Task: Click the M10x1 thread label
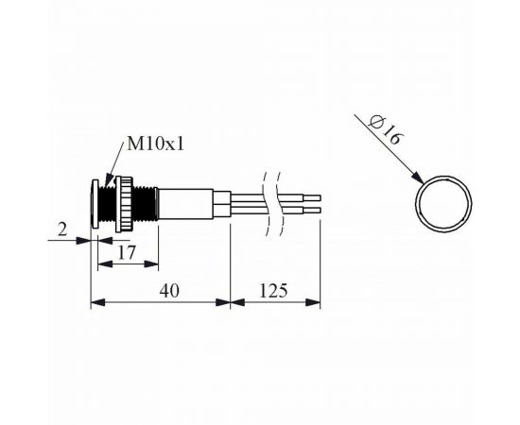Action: point(155,144)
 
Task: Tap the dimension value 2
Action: point(62,229)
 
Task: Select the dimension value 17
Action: point(128,253)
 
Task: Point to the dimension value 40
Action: point(169,291)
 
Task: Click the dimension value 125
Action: point(273,291)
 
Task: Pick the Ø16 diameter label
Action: point(387,129)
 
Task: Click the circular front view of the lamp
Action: point(444,176)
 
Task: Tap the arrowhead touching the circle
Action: point(418,178)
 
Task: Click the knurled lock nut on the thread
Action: point(124,204)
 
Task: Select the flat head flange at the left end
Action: point(95,204)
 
